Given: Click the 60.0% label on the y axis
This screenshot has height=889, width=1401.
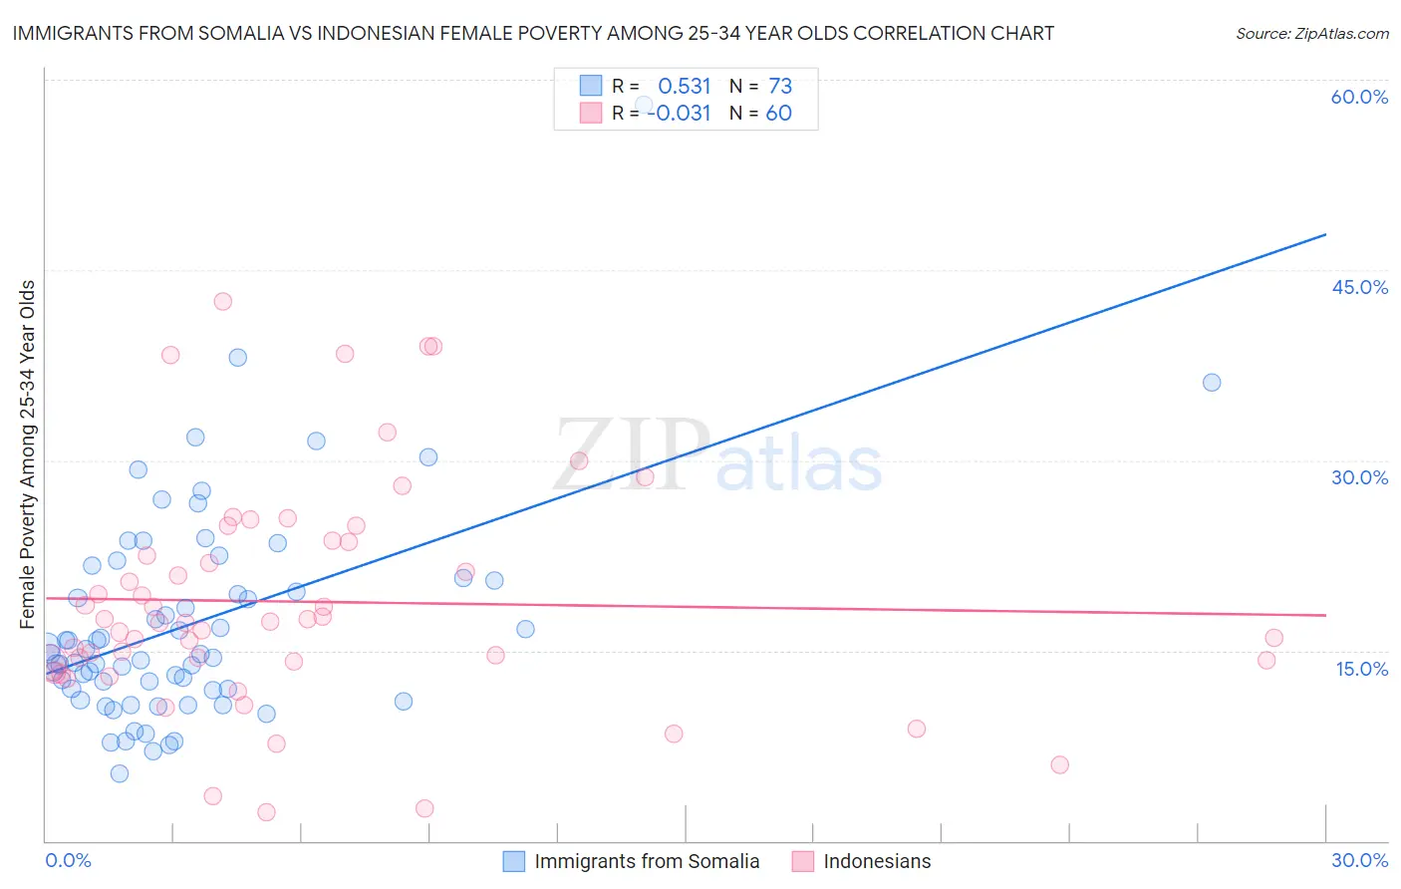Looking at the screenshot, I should [1359, 97].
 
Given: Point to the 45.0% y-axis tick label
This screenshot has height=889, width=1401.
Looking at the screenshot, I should [1359, 287].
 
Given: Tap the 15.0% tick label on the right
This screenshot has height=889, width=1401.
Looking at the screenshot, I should [1361, 669].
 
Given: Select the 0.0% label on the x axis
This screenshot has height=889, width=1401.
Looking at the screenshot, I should [68, 860].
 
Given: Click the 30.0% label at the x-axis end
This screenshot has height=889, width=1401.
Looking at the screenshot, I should [1359, 860].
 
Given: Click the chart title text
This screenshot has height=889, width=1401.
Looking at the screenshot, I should [533, 33].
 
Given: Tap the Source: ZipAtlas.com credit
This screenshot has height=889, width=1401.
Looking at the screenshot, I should [1311, 33].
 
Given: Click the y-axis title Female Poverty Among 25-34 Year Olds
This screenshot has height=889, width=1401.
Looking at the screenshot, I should [27, 454].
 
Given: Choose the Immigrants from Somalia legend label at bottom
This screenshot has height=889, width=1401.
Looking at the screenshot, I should [647, 861].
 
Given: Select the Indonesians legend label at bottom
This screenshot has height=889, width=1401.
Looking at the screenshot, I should [877, 861].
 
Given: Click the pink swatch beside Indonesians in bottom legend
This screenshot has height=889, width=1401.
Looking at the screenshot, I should [803, 861].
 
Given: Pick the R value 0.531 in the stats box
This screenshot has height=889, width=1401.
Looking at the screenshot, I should [684, 87].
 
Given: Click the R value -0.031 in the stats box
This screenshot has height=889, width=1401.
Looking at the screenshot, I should [679, 114].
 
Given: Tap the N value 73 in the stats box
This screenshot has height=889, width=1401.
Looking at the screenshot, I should [780, 87].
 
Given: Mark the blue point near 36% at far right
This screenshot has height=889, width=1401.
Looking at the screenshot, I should [1212, 383].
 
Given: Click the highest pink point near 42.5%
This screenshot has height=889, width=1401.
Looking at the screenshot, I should [223, 301].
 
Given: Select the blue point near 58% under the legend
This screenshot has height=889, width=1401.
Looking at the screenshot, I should [644, 105].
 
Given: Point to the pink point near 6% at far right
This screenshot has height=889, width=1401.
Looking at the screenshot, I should [1059, 764].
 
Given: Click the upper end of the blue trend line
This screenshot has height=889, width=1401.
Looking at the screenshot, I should [1325, 234].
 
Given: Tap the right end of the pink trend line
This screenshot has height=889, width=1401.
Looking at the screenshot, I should [1325, 616].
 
